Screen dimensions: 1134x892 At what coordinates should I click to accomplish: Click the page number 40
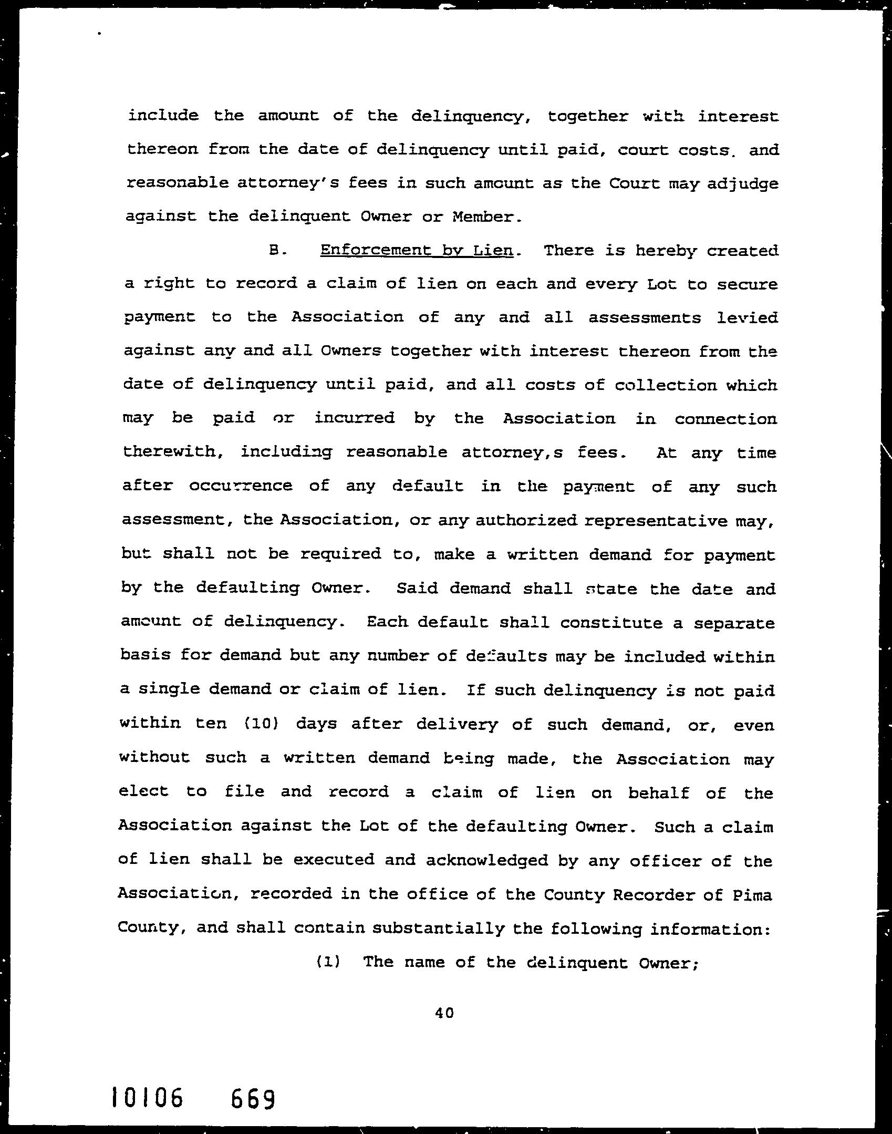[x=444, y=1013]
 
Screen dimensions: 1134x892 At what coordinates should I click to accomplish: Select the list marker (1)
[x=328, y=962]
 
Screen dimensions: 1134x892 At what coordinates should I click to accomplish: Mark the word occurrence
[x=241, y=486]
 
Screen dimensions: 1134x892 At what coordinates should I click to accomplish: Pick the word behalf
[x=658, y=792]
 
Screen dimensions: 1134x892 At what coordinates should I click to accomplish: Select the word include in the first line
[x=163, y=116]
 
